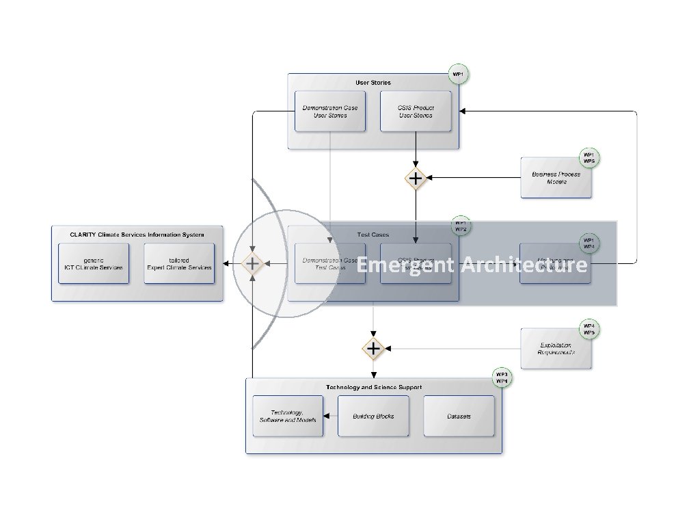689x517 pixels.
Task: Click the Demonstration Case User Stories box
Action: pyautogui.click(x=330, y=111)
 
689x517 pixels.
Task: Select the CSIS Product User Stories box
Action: pyautogui.click(x=416, y=111)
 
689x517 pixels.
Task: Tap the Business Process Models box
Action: pyautogui.click(x=556, y=178)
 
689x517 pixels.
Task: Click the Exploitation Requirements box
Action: pyautogui.click(x=556, y=348)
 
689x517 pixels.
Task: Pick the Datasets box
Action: pyautogui.click(x=459, y=416)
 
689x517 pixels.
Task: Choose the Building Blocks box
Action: pyautogui.click(x=373, y=416)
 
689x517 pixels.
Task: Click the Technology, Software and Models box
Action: pyautogui.click(x=288, y=416)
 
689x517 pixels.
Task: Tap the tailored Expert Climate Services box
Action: pyautogui.click(x=179, y=263)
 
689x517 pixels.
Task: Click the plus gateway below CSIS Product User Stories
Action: pyautogui.click(x=416, y=178)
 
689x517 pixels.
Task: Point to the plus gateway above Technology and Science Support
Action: pyautogui.click(x=373, y=349)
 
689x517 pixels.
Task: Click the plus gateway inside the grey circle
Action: pyautogui.click(x=253, y=263)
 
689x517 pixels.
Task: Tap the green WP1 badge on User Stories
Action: pyautogui.click(x=459, y=74)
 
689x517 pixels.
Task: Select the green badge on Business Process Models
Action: pyautogui.click(x=589, y=158)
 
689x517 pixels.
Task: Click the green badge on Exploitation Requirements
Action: pyautogui.click(x=589, y=329)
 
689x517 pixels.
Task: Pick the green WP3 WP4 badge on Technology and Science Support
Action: pyautogui.click(x=502, y=378)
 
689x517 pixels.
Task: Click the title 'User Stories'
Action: pyautogui.click(x=373, y=83)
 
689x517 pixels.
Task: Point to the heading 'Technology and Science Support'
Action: pyautogui.click(x=373, y=387)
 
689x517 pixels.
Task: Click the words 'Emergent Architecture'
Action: pyautogui.click(x=472, y=265)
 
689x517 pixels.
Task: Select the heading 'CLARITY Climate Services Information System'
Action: pyautogui.click(x=137, y=235)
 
